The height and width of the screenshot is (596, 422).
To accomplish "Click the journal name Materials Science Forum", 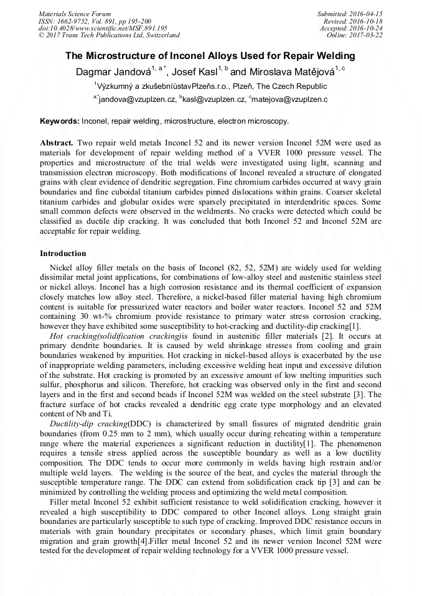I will pos(75,14).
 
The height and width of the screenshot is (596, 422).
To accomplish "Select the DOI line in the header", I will pos(103,28).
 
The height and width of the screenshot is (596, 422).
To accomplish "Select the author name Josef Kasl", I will pos(199,72).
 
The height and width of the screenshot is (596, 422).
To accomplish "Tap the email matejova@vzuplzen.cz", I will pos(290,99).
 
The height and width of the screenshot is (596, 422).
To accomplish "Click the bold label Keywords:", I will pos(59,121).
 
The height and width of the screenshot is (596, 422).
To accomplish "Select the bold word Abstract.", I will pos(57,143).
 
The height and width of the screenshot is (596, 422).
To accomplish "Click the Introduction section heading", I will pos(63,254).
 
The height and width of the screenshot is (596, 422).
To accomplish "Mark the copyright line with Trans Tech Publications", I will pos(109,35).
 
